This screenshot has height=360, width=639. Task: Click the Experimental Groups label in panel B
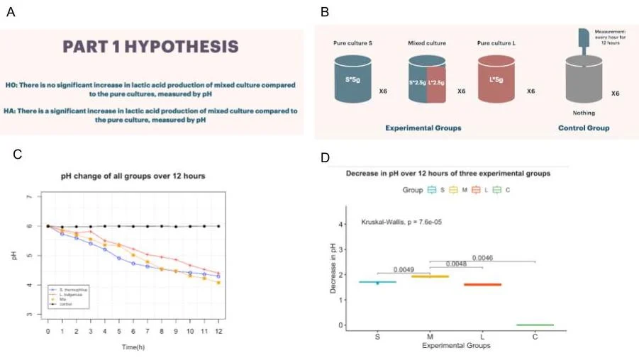tap(423, 128)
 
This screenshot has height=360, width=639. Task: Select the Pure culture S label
tap(352, 44)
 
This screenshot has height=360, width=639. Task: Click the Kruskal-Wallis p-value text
tap(401, 221)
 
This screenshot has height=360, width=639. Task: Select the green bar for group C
tap(535, 325)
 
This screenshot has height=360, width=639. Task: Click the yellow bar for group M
tap(430, 276)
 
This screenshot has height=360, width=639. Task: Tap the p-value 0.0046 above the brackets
tap(482, 257)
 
